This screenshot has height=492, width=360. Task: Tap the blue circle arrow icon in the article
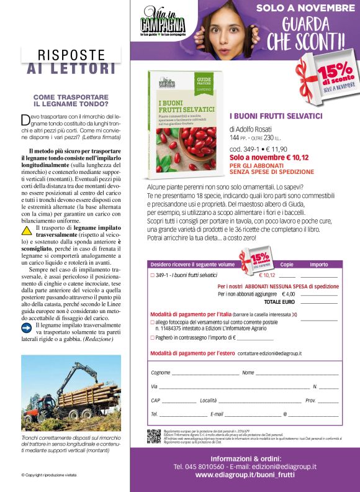(x=26, y=327)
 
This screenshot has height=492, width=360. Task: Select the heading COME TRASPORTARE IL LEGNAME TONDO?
(x=71, y=101)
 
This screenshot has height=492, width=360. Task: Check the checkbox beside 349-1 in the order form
(x=153, y=275)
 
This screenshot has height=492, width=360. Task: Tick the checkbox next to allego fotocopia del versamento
(x=153, y=322)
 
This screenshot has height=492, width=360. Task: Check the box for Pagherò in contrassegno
(x=153, y=338)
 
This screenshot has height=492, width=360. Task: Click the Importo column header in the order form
(x=318, y=265)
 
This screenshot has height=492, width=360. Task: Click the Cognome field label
(x=161, y=373)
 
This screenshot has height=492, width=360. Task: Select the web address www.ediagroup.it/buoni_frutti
(x=245, y=475)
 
